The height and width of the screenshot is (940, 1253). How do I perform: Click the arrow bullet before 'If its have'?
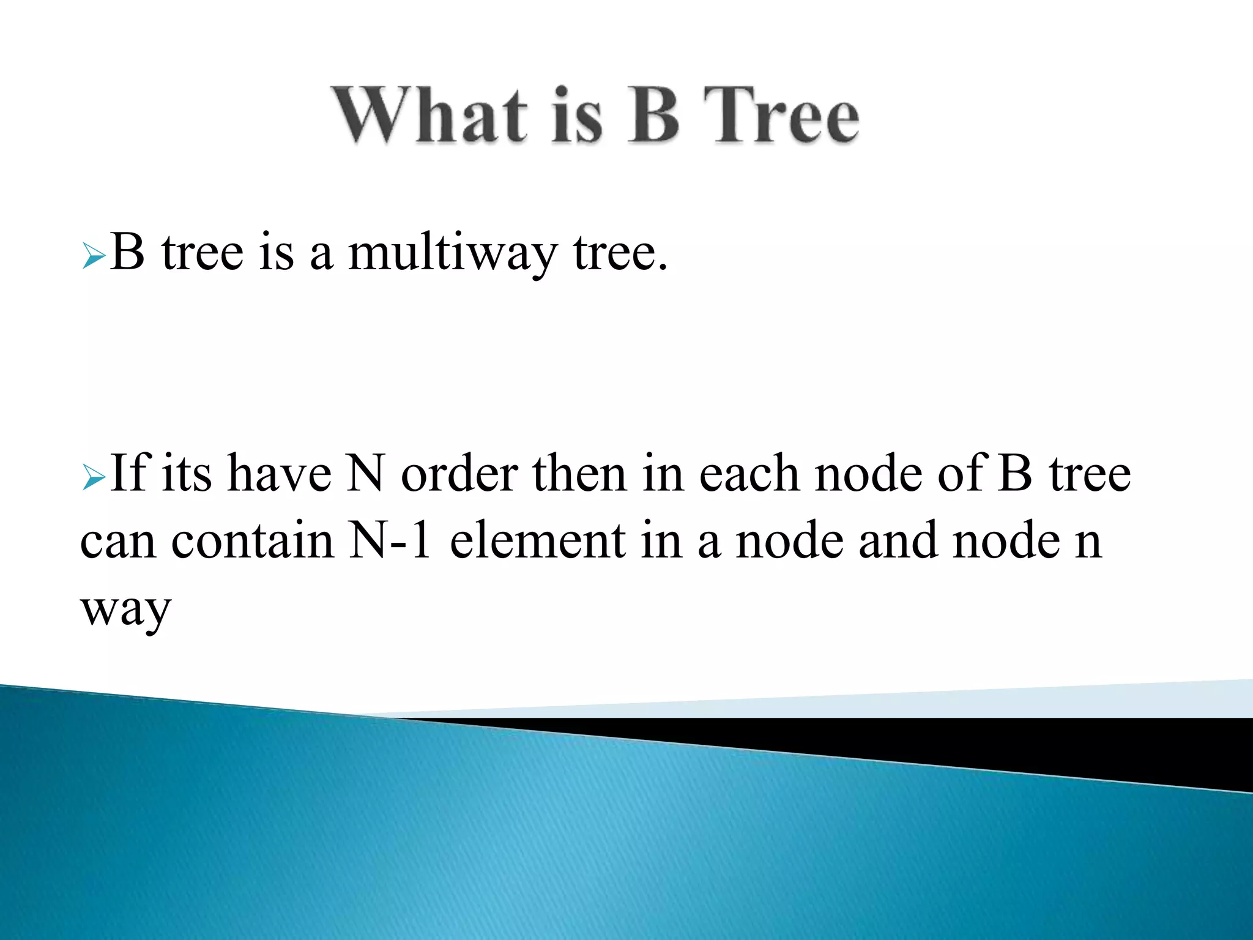[x=94, y=478]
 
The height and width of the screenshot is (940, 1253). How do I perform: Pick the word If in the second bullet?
[x=129, y=473]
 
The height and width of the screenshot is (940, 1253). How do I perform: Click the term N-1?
[x=389, y=541]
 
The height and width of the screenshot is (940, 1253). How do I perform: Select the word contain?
[x=253, y=541]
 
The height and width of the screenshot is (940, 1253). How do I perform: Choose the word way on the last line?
[x=125, y=610]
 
